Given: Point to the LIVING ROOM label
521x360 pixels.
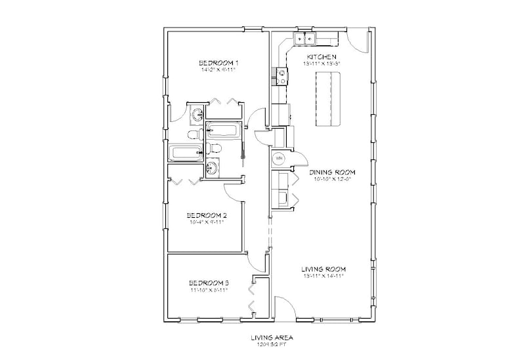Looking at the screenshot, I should pyautogui.click(x=323, y=269).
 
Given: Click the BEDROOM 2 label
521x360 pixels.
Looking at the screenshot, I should pyautogui.click(x=207, y=215).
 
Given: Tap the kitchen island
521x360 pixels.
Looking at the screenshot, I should pyautogui.click(x=329, y=100).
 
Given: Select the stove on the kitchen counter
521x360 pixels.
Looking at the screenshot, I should pyautogui.click(x=280, y=76).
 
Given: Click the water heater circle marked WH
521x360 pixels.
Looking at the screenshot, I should pyautogui.click(x=278, y=159).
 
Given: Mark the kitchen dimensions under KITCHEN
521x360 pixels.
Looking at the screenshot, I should pyautogui.click(x=320, y=64).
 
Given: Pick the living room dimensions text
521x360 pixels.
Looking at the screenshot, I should pyautogui.click(x=323, y=276).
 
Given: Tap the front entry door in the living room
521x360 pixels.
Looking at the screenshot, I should pyautogui.click(x=283, y=308).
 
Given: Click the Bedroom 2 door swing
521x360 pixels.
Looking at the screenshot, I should pyautogui.click(x=232, y=192).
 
